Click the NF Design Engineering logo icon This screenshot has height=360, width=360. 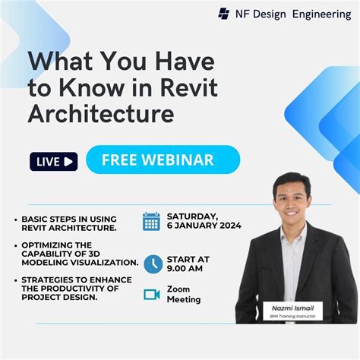click(224, 13)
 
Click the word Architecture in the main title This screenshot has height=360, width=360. click(100, 113)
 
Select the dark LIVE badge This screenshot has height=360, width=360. click(54, 161)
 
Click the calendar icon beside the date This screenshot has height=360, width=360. click(151, 221)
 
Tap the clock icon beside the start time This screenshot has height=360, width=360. click(153, 264)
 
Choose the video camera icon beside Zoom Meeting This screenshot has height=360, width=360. click(152, 294)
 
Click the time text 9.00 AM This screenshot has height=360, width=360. click(186, 268)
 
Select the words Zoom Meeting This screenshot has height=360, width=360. click(183, 294)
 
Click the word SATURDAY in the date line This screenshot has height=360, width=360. click(193, 216)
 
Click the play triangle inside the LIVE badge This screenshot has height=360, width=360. click(69, 161)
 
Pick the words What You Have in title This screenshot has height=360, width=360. click(122, 62)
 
